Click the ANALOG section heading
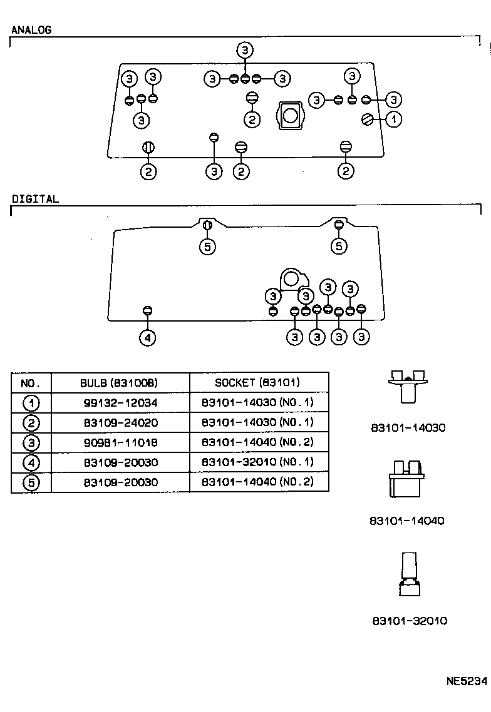point(31,29)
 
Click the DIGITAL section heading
point(35,199)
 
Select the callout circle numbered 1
point(393,118)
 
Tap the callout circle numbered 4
point(147,338)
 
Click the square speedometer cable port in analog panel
point(291,116)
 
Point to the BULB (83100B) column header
point(119,382)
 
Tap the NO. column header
point(31,382)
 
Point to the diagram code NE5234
point(467,681)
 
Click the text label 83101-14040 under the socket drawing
point(407,521)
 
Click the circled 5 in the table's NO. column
point(31,482)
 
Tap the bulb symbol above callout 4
point(148,310)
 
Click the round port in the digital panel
point(291,278)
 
